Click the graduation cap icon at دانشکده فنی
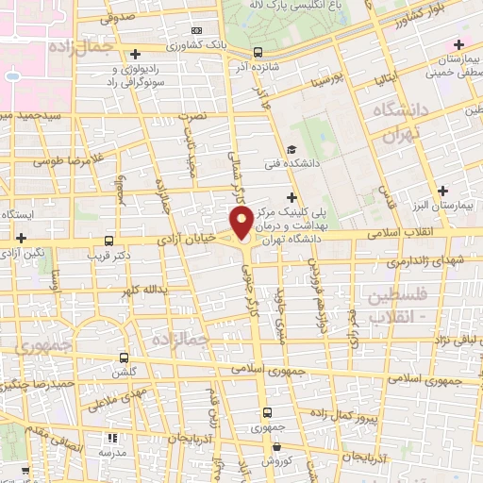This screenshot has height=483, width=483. tap(291, 151)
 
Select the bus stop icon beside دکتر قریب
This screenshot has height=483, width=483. tap(110, 241)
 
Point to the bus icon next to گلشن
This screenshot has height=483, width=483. tap(125, 358)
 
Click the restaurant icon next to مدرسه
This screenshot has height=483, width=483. tap(111, 439)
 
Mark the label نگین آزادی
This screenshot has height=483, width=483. tap(23, 255)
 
